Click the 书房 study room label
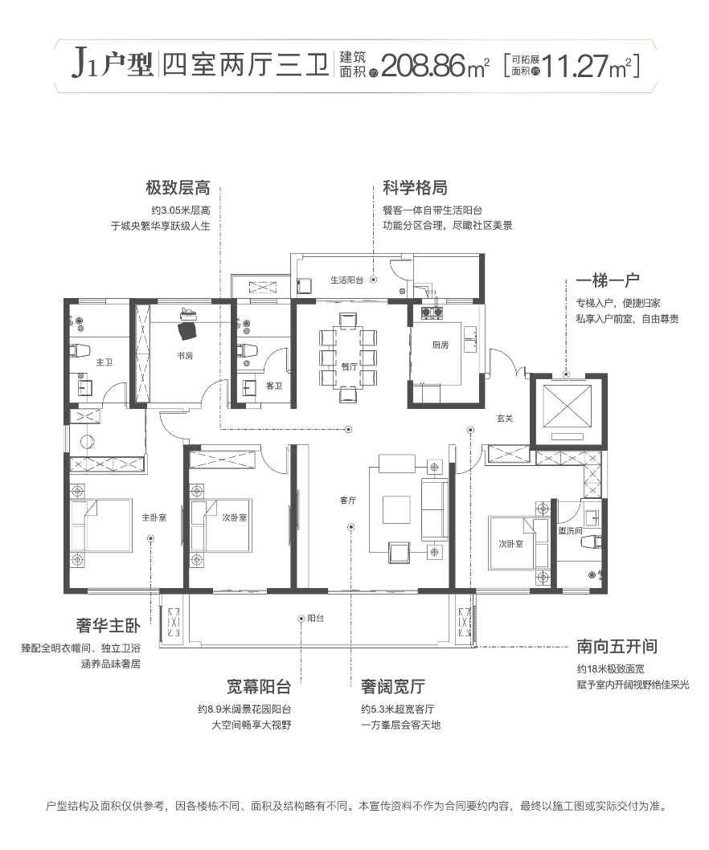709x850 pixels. pyautogui.click(x=184, y=355)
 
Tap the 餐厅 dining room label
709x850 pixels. pyautogui.click(x=348, y=365)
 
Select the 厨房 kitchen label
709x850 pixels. pyautogui.click(x=440, y=345)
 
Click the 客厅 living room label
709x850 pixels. pyautogui.click(x=348, y=501)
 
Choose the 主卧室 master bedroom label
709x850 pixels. pyautogui.click(x=154, y=517)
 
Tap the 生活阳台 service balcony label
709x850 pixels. pyautogui.click(x=346, y=280)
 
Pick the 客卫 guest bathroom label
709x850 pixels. pyautogui.click(x=274, y=386)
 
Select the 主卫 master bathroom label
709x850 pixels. pyautogui.click(x=104, y=363)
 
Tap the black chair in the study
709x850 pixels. pyautogui.click(x=188, y=330)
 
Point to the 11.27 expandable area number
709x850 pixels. pyautogui.click(x=575, y=64)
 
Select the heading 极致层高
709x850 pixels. pyautogui.click(x=178, y=189)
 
